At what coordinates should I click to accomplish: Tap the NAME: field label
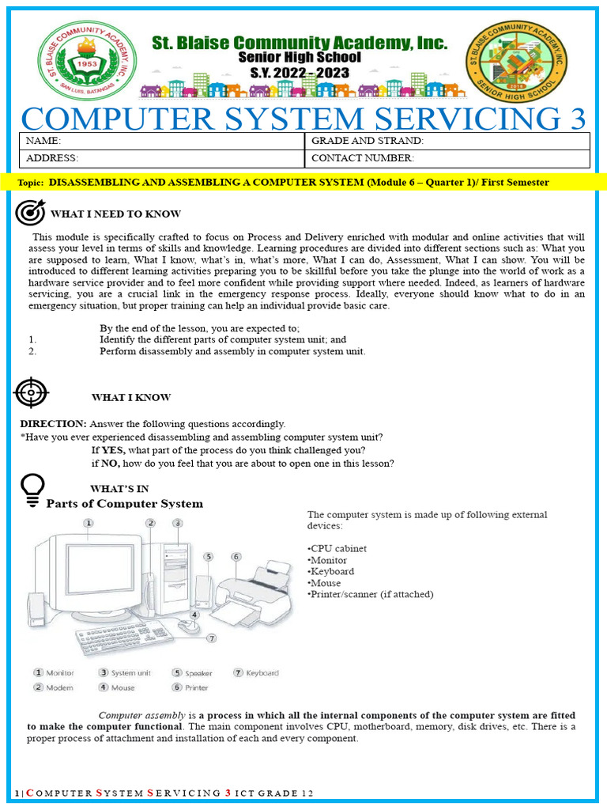(x=43, y=141)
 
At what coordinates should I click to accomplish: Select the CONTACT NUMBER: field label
(x=363, y=158)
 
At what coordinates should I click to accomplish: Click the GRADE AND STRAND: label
(x=368, y=141)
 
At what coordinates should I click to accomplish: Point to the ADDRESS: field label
(x=52, y=158)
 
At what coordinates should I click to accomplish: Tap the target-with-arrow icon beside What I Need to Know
(x=31, y=213)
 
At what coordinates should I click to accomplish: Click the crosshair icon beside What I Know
(x=32, y=392)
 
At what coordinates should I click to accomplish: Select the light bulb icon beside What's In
(x=32, y=489)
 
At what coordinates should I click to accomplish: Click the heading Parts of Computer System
(x=125, y=504)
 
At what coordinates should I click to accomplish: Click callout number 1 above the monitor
(x=89, y=523)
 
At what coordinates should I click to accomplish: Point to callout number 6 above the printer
(x=236, y=557)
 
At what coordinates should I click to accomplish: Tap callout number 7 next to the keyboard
(x=211, y=638)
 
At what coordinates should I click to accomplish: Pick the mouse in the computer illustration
(x=187, y=625)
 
